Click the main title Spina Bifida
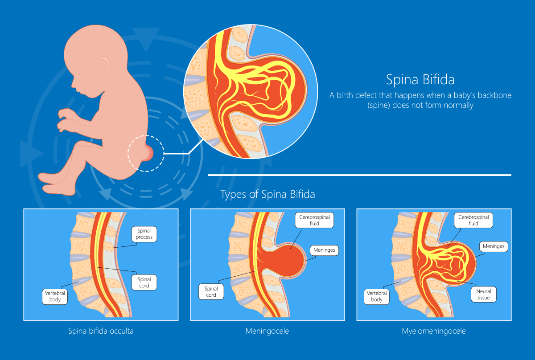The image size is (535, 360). click(420, 80)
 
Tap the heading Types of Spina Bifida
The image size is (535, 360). click(268, 195)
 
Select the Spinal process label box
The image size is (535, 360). click(144, 234)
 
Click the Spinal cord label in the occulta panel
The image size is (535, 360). click(144, 282)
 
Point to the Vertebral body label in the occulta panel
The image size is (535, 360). click(55, 296)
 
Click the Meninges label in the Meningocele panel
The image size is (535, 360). click(324, 250)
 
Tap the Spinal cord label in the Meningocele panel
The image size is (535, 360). click(211, 292)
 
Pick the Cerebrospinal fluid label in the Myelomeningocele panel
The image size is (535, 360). click(474, 220)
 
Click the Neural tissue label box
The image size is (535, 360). click(483, 295)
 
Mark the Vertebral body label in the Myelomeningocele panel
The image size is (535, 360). click(377, 296)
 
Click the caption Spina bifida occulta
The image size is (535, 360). click(101, 331)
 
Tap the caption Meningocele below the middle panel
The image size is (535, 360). click(267, 331)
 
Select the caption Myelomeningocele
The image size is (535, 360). click(434, 331)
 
